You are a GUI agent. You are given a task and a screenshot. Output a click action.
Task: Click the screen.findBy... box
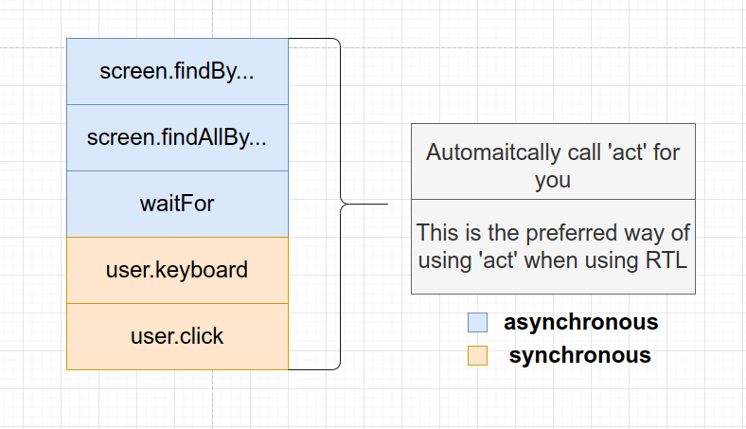177,71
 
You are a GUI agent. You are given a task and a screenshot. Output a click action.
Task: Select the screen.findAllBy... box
177,137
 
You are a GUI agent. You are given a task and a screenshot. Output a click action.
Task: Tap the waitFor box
177,204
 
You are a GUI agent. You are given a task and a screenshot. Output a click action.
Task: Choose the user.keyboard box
177,270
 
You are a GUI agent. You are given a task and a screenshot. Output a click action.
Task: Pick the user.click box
177,336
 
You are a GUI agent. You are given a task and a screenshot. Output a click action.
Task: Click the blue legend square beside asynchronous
478,322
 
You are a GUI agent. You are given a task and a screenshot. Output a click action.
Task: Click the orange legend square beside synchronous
478,355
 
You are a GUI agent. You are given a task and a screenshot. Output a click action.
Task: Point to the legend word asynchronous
581,322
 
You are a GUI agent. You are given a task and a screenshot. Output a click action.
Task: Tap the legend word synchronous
580,355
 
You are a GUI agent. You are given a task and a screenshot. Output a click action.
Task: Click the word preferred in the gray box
572,233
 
